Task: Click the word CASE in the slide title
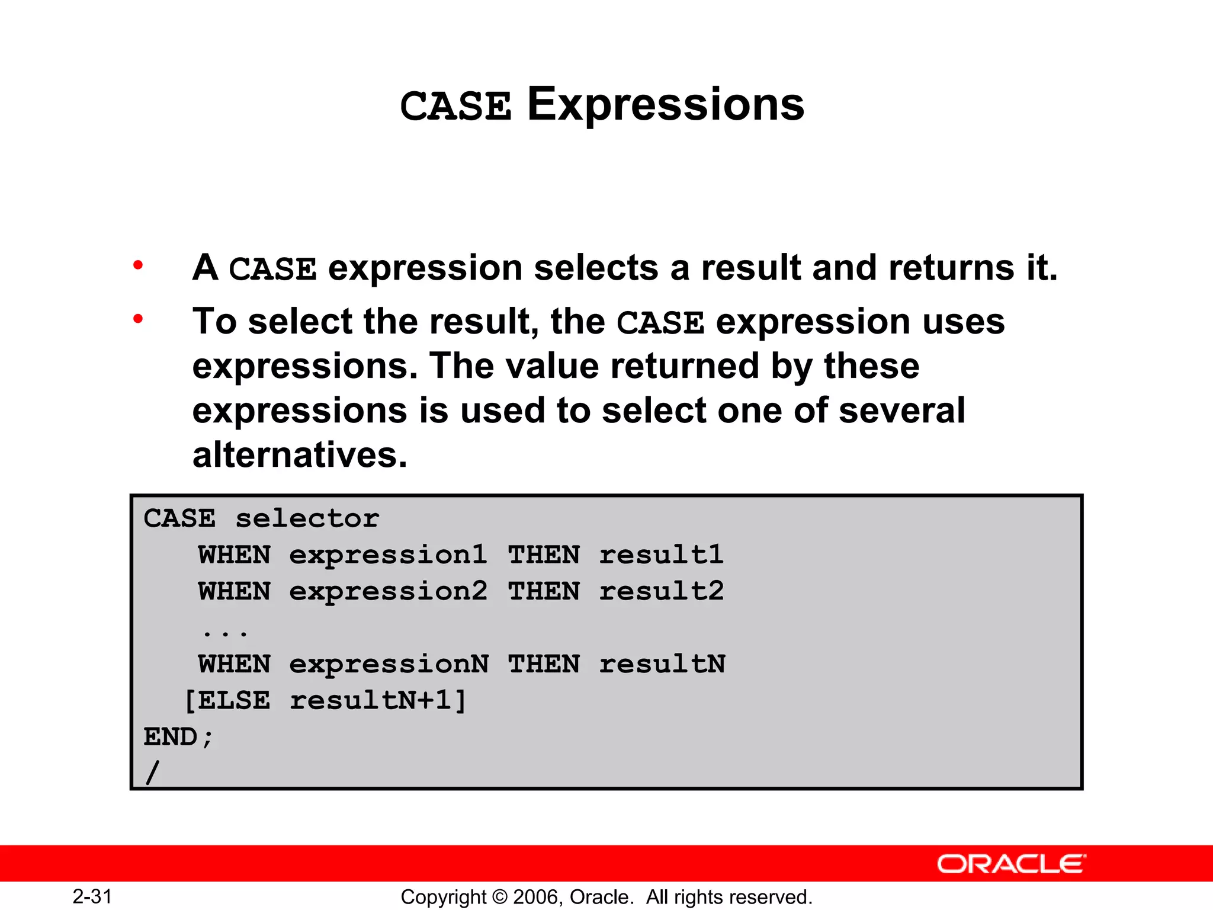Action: pos(455,107)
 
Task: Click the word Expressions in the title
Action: pos(665,105)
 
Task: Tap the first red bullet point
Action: pos(138,265)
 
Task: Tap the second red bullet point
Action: pos(138,320)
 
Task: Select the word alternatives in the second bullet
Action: pos(300,455)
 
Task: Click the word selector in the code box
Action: pos(307,519)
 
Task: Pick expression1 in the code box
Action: pos(388,556)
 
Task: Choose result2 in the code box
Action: pos(661,592)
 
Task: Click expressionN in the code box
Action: pos(389,665)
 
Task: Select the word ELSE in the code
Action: pos(234,701)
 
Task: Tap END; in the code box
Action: pos(178,738)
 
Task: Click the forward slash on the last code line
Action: pos(152,773)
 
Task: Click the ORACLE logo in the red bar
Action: pos(1011,864)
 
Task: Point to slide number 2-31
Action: pos(92,896)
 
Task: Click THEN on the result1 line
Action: pos(544,556)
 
